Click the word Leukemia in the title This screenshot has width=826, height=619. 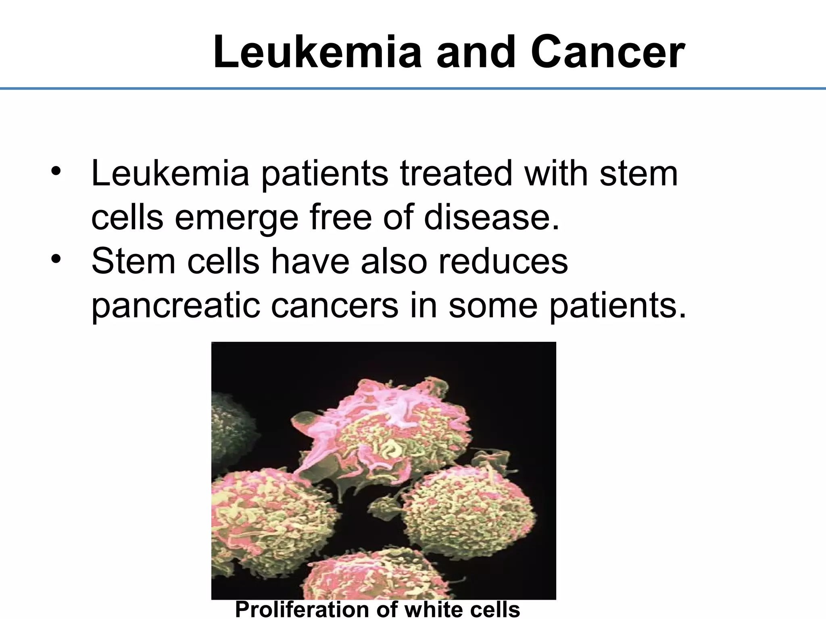(x=317, y=53)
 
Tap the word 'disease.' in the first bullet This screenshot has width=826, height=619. (x=492, y=217)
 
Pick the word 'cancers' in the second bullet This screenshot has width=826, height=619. (x=334, y=305)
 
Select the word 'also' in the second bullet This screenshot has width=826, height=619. (x=394, y=261)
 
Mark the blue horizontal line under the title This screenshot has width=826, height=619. (x=413, y=88)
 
